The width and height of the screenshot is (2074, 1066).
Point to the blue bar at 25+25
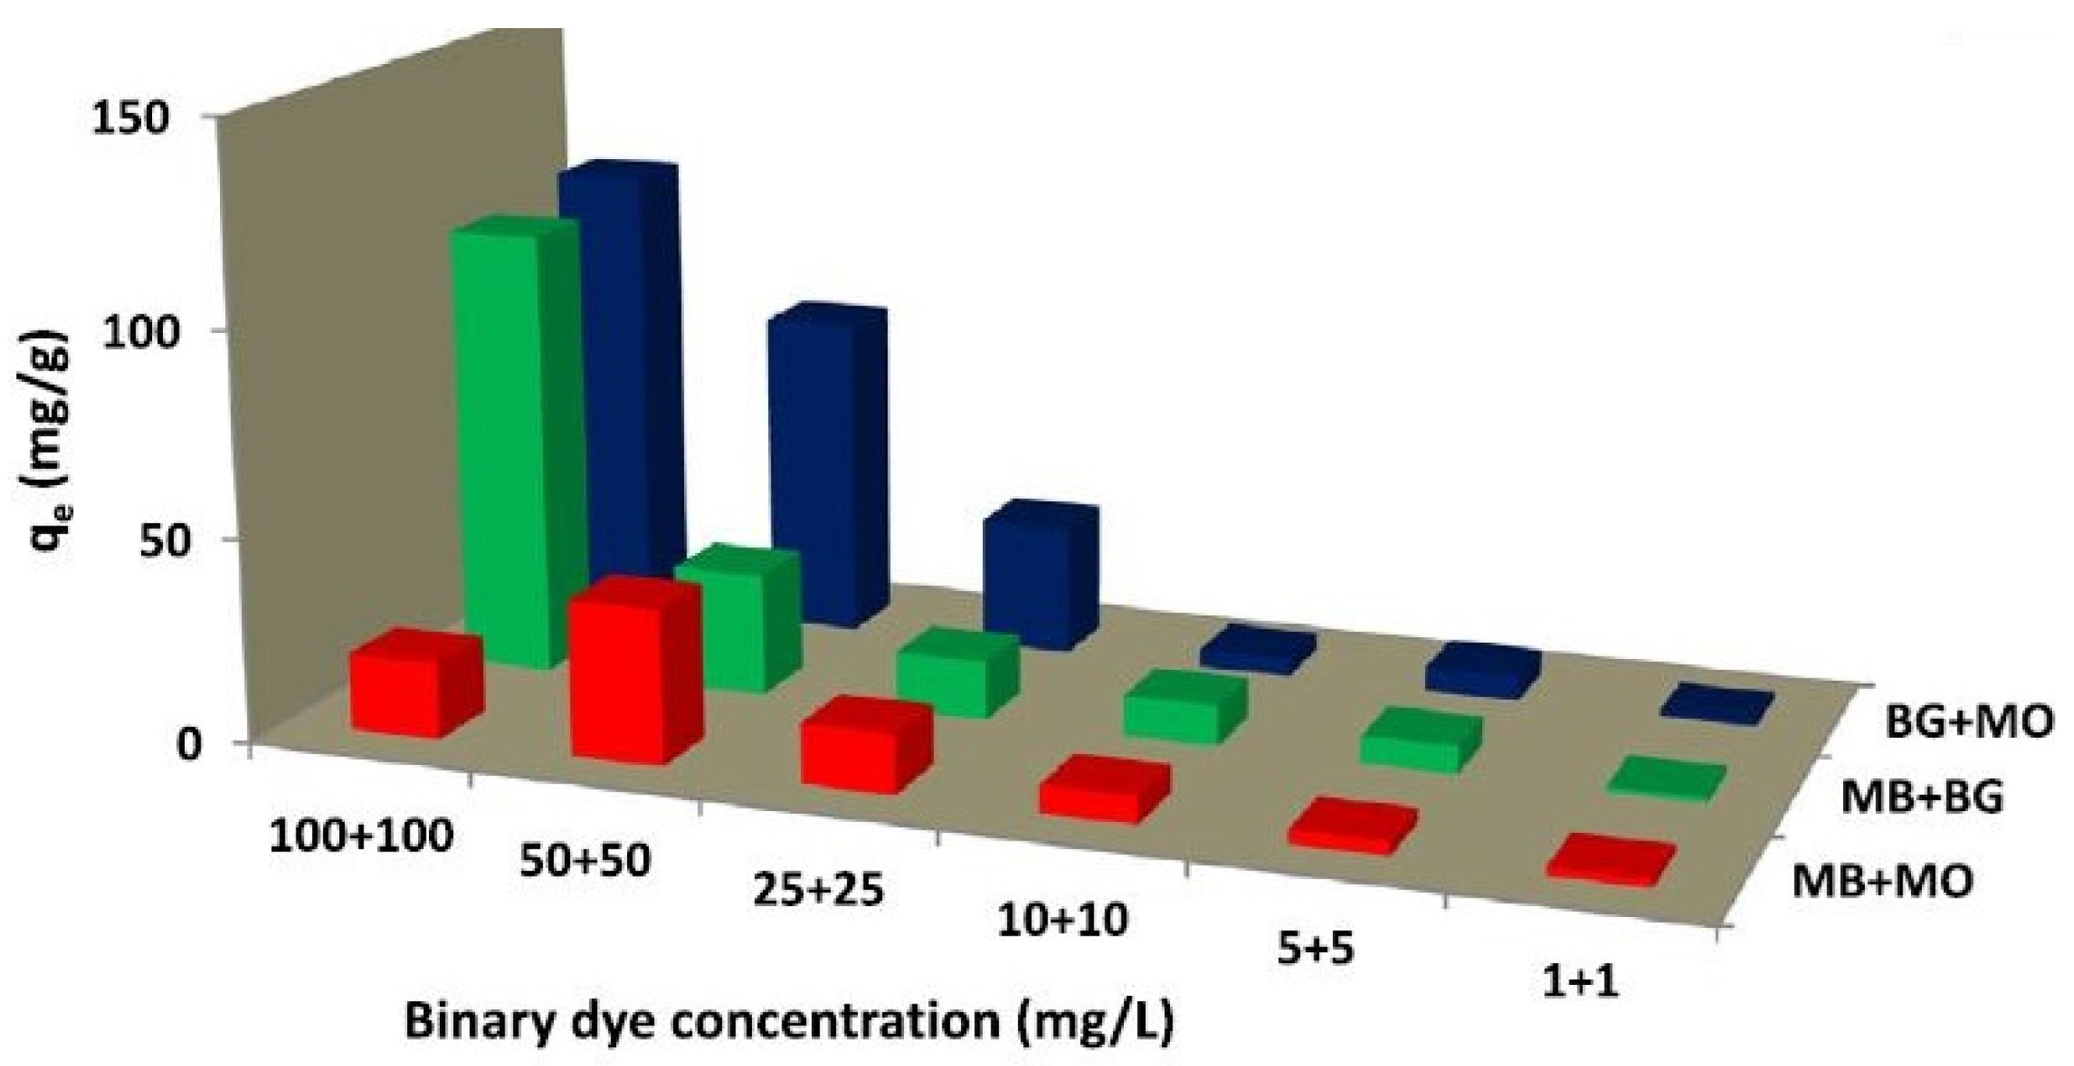(x=1039, y=572)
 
